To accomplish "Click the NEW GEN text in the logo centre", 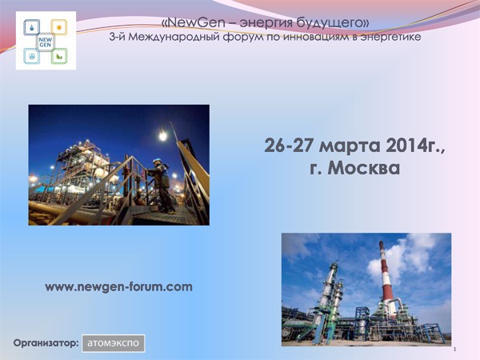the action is (x=45, y=42).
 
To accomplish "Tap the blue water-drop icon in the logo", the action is (x=32, y=27).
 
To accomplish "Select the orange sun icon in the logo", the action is (x=59, y=27).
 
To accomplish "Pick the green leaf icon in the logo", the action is (x=59, y=56).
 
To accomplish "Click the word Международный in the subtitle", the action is (x=174, y=38).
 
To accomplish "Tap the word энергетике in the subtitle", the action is (x=391, y=37).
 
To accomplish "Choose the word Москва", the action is (x=364, y=168).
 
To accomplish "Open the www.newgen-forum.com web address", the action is (x=118, y=287).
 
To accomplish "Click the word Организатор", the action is (x=46, y=343).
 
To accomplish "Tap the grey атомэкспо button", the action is (x=114, y=343).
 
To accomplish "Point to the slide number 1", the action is (x=455, y=350).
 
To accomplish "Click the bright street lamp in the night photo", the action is (x=163, y=136).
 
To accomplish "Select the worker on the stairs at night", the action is (x=162, y=186).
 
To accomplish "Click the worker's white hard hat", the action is (x=157, y=161).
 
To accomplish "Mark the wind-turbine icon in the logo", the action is (x=32, y=56).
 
